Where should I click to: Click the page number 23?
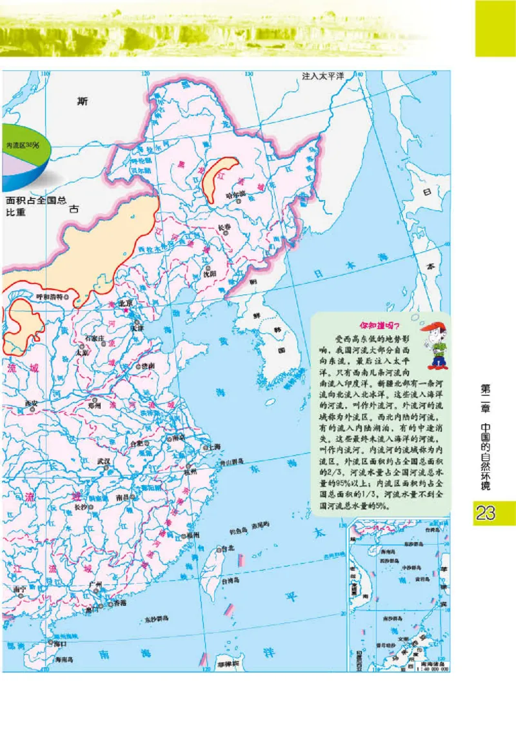485,513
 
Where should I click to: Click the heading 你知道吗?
380,325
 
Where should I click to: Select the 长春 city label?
224,226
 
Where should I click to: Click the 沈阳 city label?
210,273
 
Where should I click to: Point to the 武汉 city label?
103,461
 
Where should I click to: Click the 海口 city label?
59,643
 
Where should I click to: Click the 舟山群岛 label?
231,462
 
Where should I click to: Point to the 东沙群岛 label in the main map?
156,619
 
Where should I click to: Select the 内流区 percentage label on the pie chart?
23,146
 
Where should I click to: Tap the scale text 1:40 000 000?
433,668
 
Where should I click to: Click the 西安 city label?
32,404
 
